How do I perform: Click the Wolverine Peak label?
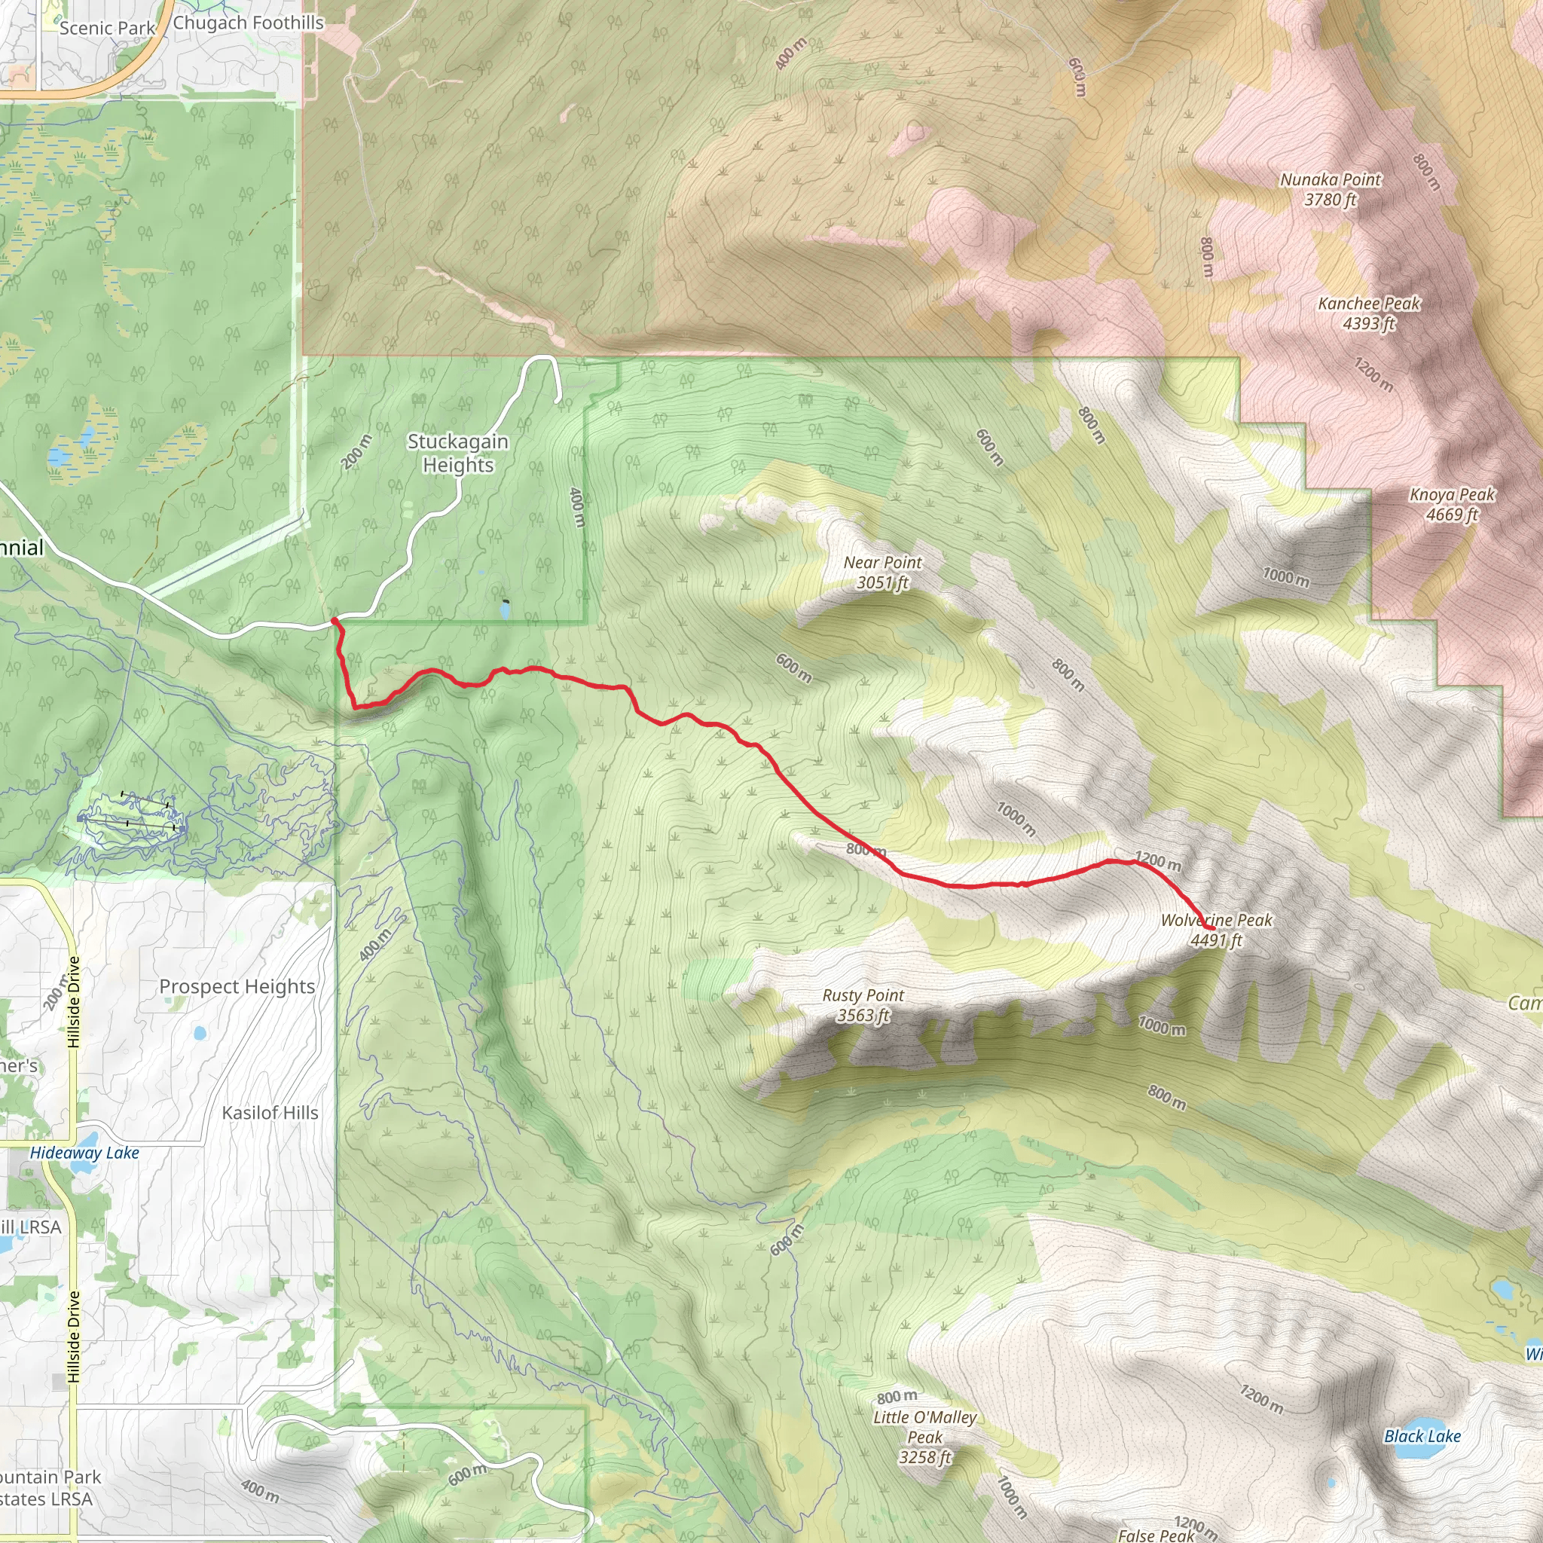1215,930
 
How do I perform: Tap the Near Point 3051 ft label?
882,572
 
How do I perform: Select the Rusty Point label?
863,1005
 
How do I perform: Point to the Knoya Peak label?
1451,504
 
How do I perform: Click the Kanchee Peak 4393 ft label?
1369,313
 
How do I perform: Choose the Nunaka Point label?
1330,189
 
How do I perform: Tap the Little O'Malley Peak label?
925,1437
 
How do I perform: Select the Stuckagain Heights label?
457,453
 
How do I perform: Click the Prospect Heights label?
237,986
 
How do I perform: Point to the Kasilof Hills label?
270,1113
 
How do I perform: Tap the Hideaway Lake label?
84,1153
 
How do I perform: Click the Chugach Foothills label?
249,23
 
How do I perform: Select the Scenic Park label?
107,28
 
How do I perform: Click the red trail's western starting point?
334,620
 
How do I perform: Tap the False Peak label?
1156,1534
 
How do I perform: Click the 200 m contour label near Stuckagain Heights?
356,452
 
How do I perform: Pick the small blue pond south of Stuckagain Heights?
505,610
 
